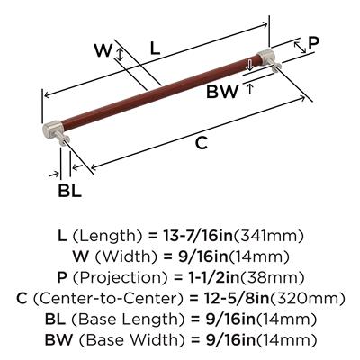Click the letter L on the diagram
[x=155, y=49]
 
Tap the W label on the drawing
[x=103, y=50]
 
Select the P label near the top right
[x=314, y=43]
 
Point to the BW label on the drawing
[x=222, y=92]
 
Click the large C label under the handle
[x=202, y=142]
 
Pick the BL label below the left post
[x=69, y=190]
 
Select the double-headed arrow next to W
[x=120, y=55]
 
